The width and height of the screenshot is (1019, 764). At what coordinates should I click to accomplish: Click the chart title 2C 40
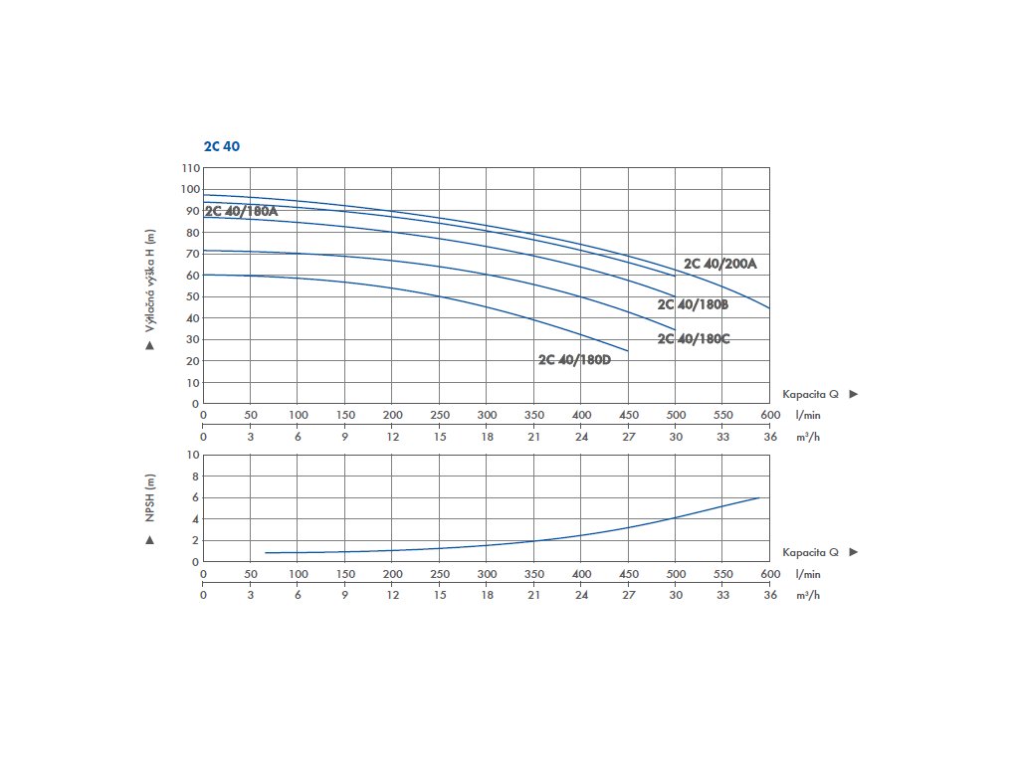pyautogui.click(x=221, y=146)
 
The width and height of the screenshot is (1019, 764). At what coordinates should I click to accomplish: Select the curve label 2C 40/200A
pyautogui.click(x=720, y=264)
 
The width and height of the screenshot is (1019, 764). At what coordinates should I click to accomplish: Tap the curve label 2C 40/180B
pyautogui.click(x=694, y=303)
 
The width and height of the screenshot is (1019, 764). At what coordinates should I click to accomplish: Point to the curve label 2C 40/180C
pyautogui.click(x=694, y=339)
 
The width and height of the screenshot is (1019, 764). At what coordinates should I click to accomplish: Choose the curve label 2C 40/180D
pyautogui.click(x=574, y=359)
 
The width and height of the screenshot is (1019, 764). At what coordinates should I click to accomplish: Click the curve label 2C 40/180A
pyautogui.click(x=241, y=211)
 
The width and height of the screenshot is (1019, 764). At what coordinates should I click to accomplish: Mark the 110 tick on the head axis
pyautogui.click(x=190, y=168)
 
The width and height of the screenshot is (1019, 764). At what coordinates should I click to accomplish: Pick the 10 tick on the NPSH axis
pyautogui.click(x=193, y=455)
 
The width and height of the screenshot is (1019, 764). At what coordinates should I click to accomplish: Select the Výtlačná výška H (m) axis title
pyautogui.click(x=150, y=281)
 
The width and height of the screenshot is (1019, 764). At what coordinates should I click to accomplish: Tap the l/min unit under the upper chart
pyautogui.click(x=807, y=416)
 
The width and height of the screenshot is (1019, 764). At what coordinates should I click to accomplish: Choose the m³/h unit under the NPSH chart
pyautogui.click(x=807, y=595)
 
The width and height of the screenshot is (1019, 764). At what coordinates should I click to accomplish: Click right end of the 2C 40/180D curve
pyautogui.click(x=628, y=351)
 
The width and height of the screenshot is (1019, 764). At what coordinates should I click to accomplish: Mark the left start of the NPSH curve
pyautogui.click(x=266, y=552)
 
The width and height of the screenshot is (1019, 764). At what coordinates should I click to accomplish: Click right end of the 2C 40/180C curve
pyautogui.click(x=675, y=330)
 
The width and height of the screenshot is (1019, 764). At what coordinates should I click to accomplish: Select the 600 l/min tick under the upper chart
pyautogui.click(x=769, y=416)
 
